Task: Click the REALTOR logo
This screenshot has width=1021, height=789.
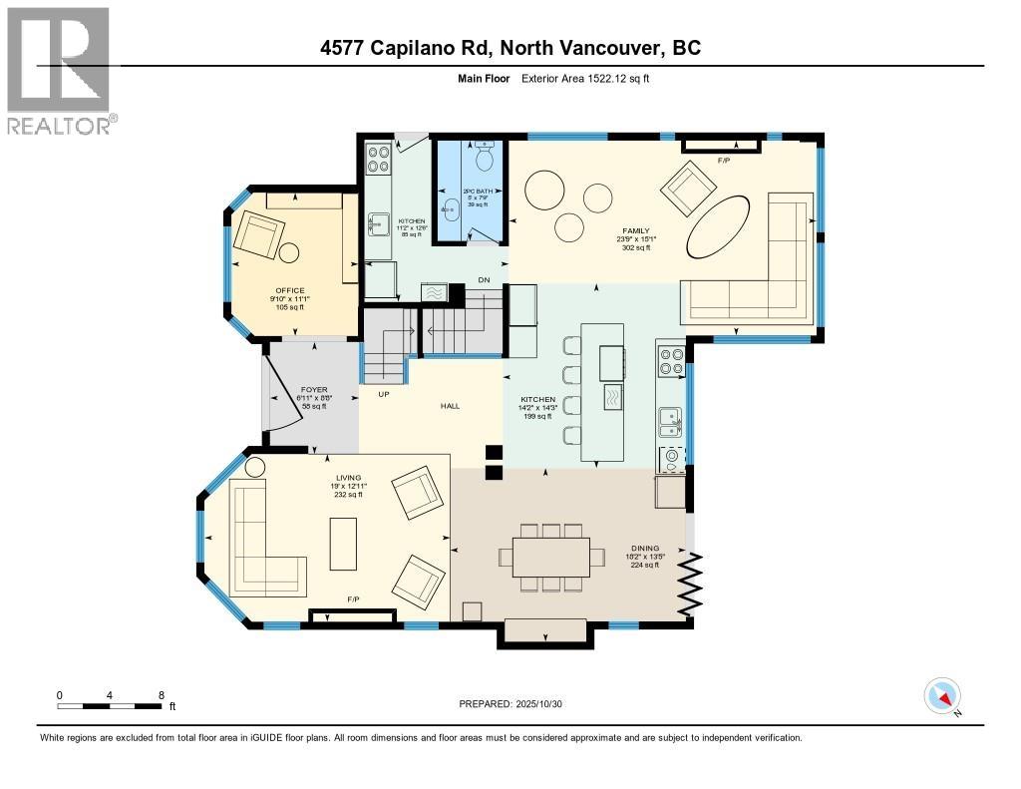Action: pos(60,70)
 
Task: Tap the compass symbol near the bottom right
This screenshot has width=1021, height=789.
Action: pos(942,696)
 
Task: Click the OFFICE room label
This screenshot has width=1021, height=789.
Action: pos(290,291)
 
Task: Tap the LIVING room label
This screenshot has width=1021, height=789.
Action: pos(348,478)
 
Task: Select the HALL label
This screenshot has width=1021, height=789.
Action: pos(450,406)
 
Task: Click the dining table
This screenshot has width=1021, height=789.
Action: pos(551,557)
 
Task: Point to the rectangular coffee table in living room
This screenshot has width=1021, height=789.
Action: pos(344,543)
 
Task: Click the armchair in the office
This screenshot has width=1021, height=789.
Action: pos(257,237)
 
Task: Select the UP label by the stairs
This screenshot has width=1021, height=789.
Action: pos(383,394)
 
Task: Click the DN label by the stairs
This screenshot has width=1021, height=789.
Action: pos(483,279)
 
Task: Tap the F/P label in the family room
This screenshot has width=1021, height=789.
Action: pos(724,160)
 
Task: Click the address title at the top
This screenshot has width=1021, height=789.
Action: pos(510,47)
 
